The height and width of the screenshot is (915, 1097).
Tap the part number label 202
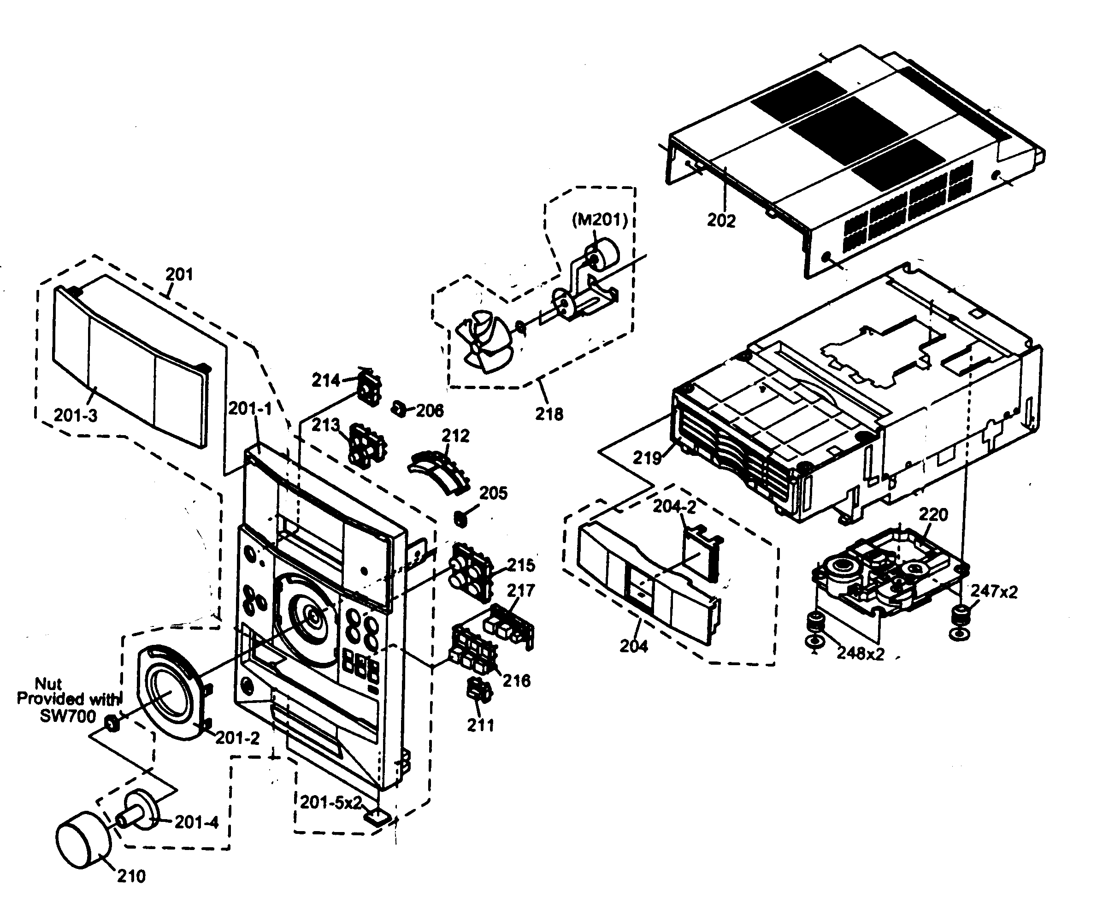(721, 220)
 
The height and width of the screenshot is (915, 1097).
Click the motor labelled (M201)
(603, 254)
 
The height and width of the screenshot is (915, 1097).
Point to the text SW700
(68, 716)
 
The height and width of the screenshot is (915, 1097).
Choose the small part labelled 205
(460, 519)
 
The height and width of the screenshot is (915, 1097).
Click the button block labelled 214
(369, 387)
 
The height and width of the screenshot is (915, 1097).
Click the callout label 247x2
(994, 591)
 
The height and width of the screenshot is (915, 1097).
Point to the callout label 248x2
(860, 653)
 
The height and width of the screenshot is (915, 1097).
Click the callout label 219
(647, 458)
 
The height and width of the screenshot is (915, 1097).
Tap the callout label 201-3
(75, 415)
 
